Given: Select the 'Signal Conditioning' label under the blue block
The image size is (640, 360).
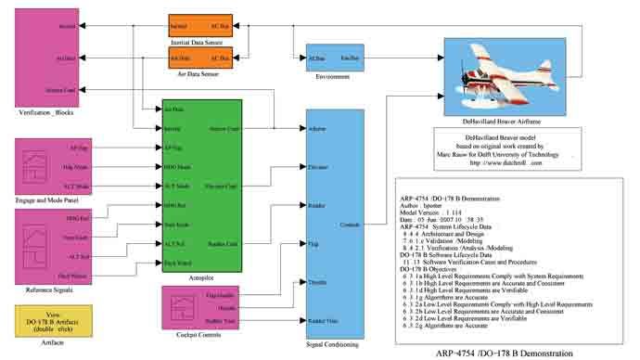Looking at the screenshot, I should [x=334, y=344].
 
